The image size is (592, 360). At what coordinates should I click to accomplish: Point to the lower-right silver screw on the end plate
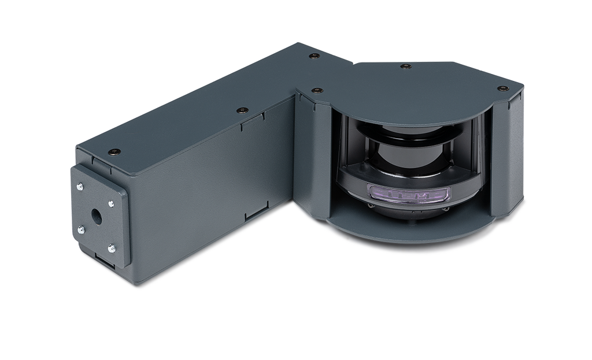[111, 249]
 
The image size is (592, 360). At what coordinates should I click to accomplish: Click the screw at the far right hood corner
[501, 88]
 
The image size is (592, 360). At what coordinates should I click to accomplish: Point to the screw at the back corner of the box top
[313, 55]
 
